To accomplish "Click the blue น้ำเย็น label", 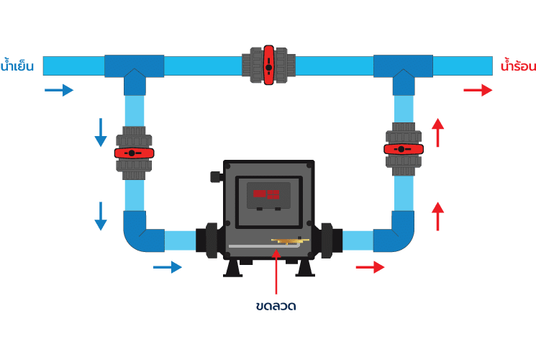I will point(17,66).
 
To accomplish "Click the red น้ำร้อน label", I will point(517,66).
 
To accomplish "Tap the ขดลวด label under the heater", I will point(276,306).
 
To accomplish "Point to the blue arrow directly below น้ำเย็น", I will point(59,90).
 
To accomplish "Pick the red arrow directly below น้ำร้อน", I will point(478,90).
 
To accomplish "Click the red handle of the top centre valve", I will point(268,66).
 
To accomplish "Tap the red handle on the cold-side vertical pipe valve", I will point(134,153).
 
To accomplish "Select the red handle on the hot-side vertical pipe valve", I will point(404,149).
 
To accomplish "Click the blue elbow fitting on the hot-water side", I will point(399,234).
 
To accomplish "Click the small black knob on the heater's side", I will point(215,176).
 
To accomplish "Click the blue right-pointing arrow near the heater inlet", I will point(168,267).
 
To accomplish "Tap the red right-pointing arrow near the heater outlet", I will point(370,267).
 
